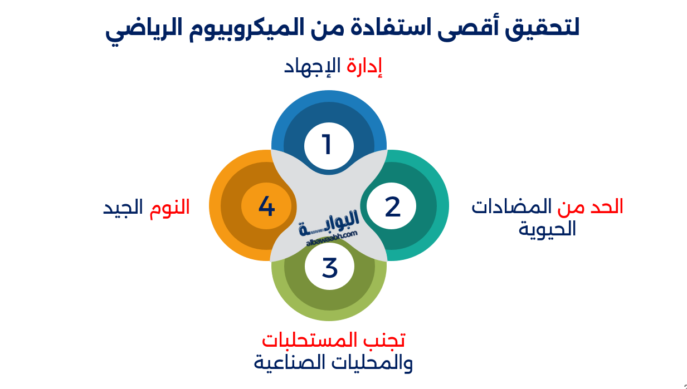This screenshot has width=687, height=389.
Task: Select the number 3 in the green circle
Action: coord(329,268)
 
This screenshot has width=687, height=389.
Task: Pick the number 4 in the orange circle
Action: coord(266,206)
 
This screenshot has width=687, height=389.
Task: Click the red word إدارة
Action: coord(364,67)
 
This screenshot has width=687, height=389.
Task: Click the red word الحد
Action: coord(606,207)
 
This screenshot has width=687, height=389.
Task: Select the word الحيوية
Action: coord(547,229)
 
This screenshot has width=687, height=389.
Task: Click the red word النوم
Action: coord(169,207)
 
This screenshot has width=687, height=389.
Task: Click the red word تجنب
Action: coord(388,339)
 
